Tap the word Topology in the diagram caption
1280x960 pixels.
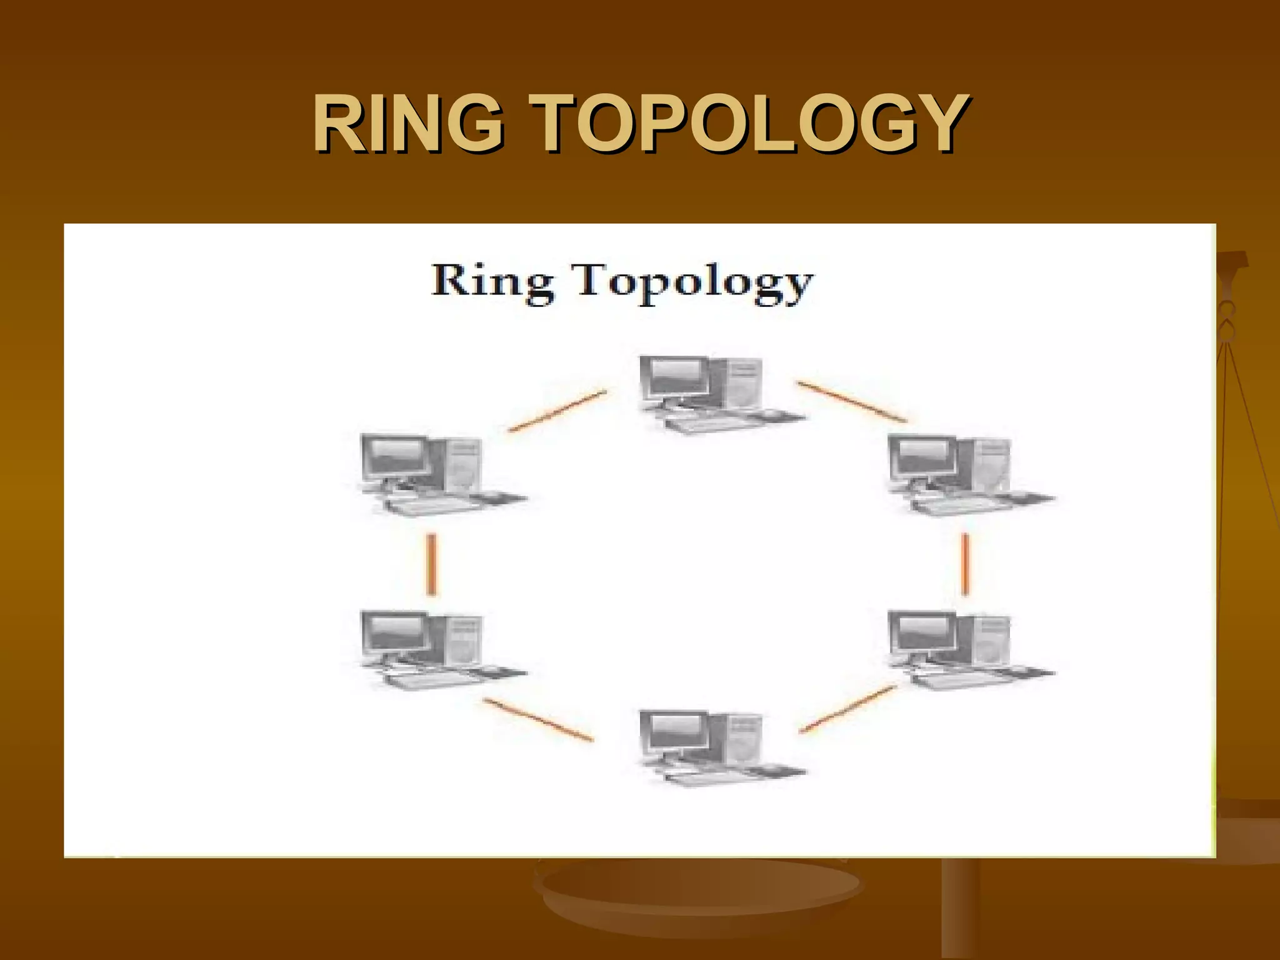click(694, 284)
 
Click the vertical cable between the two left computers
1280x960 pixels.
click(431, 564)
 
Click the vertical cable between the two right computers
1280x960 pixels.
click(966, 564)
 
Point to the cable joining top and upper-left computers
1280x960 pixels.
click(557, 411)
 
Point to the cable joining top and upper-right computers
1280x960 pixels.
click(851, 401)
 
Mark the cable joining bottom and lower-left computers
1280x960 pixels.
click(538, 719)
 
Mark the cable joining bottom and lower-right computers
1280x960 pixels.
click(848, 709)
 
